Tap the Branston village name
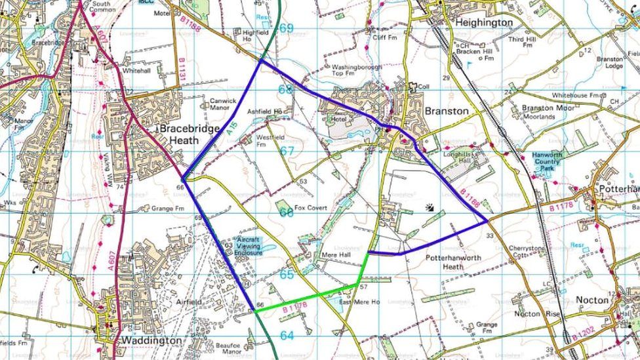point(447,111)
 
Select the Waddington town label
point(151,341)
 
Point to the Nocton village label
point(592,300)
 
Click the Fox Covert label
point(310,208)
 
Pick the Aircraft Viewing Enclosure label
point(249,246)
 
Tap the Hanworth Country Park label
point(546,161)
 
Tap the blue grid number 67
point(287,151)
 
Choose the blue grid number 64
point(287,336)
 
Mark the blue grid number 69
point(286,28)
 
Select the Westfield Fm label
point(270,140)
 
